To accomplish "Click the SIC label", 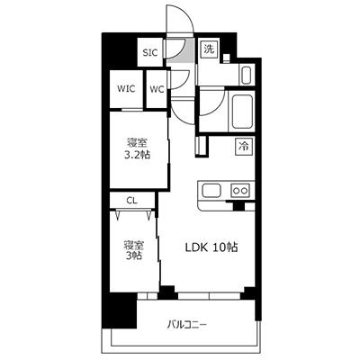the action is pos(150,53).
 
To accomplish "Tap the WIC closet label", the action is pos(126,89).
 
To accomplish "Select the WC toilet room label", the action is pos(157,89).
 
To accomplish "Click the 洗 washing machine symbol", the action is pos(210,49).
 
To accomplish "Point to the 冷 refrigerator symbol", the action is pos(244,146).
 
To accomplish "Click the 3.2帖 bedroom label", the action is pos(137,148).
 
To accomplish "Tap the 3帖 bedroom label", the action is pos(133,250).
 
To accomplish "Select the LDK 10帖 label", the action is pos(211,247).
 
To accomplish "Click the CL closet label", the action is pos(132,201).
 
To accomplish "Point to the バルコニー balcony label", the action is pos(186,325).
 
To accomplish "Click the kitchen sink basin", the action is pos(211,191).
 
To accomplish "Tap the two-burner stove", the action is pos(240,190).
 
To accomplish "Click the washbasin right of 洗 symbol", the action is pos(247,75).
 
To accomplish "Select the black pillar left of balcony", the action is pos(119,310).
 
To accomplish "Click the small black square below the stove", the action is pos(239,206).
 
